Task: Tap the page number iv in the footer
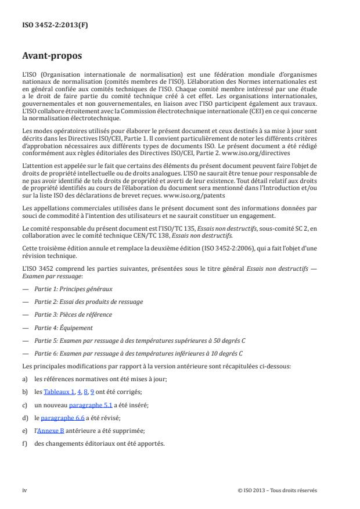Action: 24,490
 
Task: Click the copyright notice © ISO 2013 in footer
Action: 277,490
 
